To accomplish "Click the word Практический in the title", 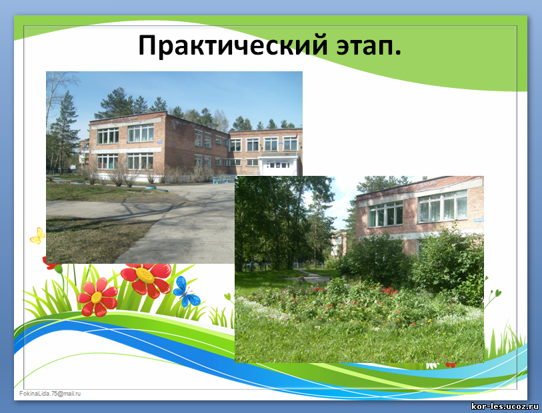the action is [x=233, y=45].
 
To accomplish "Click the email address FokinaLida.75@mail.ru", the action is [x=50, y=393].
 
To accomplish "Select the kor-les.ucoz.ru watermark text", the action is [x=505, y=406].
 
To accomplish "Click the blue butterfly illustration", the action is [x=186, y=292].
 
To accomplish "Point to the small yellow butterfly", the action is [x=37, y=236].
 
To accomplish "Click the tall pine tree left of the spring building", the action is [x=64, y=131].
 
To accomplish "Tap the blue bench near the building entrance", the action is [x=221, y=180].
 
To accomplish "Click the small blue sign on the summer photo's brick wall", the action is [x=478, y=220].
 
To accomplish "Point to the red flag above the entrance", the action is [x=296, y=136].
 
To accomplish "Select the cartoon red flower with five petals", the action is [x=97, y=297].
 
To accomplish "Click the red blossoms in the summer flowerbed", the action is [x=389, y=290].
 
